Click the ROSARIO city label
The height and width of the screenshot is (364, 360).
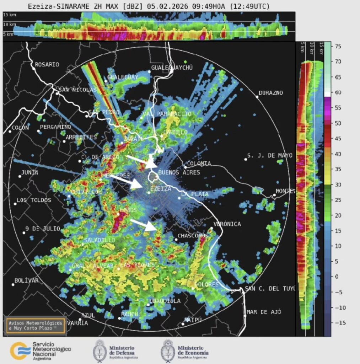coord(47,65)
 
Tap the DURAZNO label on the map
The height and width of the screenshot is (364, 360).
coord(271,93)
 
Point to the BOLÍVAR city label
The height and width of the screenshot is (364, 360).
coord(26,280)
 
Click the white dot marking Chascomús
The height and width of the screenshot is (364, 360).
coord(176,240)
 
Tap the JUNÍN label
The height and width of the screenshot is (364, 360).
coord(30,172)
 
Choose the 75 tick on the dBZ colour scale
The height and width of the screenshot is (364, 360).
coord(338,46)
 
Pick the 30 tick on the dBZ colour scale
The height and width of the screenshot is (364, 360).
coord(338,184)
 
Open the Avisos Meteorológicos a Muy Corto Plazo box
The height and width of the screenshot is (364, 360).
coord(35,325)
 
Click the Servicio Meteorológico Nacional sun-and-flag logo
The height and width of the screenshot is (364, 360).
coord(20,351)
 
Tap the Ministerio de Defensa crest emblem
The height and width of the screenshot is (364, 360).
coord(100,351)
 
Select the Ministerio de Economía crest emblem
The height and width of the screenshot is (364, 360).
coord(167,351)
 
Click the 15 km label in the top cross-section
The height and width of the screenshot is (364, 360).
coord(9,15)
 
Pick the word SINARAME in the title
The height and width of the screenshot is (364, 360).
coord(69,6)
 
